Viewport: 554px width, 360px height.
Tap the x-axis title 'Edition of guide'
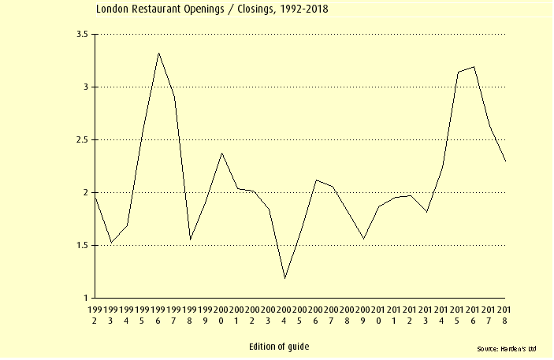pyautogui.click(x=279, y=347)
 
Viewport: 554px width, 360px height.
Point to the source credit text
pyautogui.click(x=507, y=348)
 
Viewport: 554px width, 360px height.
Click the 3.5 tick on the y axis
pyautogui.click(x=81, y=35)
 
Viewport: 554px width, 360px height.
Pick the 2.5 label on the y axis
pyautogui.click(x=81, y=140)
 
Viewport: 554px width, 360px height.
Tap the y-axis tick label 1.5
pyautogui.click(x=81, y=246)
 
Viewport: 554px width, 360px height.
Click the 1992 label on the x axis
pyautogui.click(x=95, y=316)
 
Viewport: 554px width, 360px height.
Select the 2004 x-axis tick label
pyautogui.click(x=284, y=316)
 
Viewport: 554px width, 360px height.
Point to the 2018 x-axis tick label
pyautogui.click(x=505, y=316)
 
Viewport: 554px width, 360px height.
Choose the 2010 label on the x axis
pyautogui.click(x=379, y=316)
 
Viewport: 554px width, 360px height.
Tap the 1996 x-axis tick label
pyautogui.click(x=158, y=316)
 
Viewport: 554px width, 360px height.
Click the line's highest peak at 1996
pyautogui.click(x=158, y=54)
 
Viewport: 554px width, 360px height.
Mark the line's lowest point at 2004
pyautogui.click(x=284, y=278)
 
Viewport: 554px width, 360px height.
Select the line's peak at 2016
pyautogui.click(x=474, y=67)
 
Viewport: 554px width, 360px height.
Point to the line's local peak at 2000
pyautogui.click(x=221, y=154)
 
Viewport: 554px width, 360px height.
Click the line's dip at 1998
pyautogui.click(x=190, y=239)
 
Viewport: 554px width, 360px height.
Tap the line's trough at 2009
pyautogui.click(x=363, y=239)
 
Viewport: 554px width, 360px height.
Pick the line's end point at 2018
pyautogui.click(x=505, y=161)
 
